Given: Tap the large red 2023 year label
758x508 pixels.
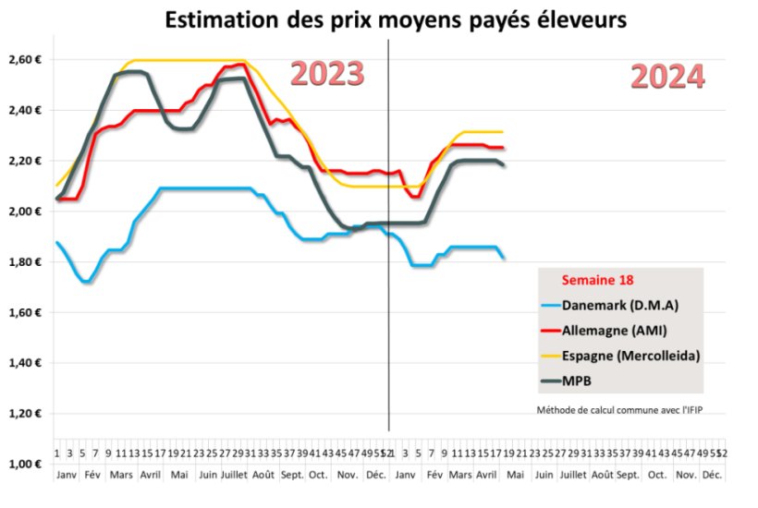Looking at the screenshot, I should [327, 74].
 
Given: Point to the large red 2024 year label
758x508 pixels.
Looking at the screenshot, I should [667, 77].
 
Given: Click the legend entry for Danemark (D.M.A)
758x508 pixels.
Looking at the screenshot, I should [614, 305].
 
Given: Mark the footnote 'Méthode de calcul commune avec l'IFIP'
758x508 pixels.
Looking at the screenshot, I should [614, 409].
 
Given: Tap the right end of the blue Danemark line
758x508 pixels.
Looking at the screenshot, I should [504, 258].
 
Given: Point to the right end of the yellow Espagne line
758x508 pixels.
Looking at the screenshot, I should [503, 131].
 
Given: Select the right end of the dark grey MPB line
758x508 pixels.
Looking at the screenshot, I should [504, 165].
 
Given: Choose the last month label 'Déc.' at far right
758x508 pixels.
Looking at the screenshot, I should [712, 474].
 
